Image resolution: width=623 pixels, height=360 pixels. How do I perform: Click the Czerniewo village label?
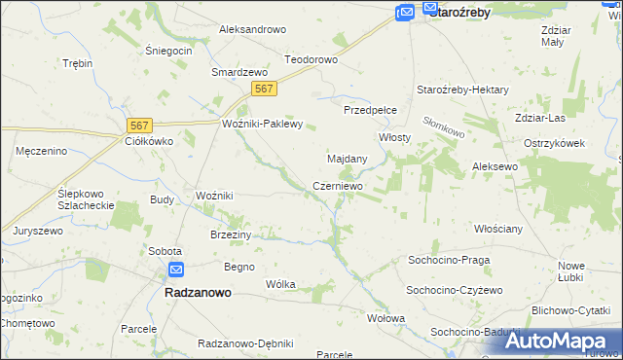click(338, 186)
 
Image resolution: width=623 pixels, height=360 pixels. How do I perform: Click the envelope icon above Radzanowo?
click(175, 270)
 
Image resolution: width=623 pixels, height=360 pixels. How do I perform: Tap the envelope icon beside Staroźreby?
click(405, 12)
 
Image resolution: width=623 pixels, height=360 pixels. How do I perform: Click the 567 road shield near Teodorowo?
click(264, 89)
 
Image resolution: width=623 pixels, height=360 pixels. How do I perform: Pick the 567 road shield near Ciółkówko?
click(140, 125)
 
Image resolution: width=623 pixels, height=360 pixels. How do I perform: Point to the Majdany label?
click(347, 158)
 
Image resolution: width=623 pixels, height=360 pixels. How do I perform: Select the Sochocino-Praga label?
click(448, 261)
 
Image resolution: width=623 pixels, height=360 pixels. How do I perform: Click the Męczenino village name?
click(41, 151)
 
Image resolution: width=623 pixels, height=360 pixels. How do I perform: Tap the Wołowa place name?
click(385, 318)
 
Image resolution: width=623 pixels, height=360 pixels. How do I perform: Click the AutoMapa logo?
click(554, 341)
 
